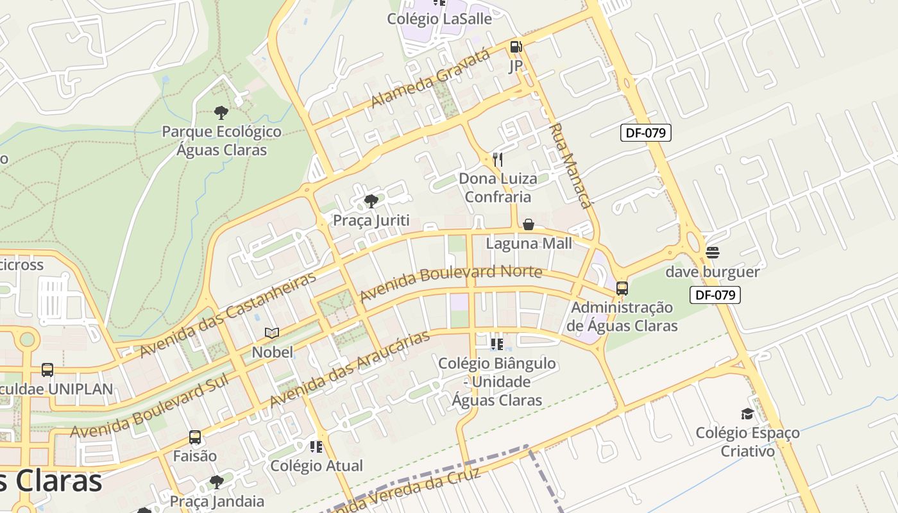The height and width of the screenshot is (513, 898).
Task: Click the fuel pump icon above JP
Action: (516, 47)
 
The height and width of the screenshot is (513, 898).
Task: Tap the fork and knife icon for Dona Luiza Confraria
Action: (497, 159)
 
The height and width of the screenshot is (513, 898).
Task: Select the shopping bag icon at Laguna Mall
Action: (529, 224)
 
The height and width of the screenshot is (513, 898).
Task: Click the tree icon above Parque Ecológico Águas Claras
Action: (221, 113)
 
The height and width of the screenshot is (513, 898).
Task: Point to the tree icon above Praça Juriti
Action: (371, 201)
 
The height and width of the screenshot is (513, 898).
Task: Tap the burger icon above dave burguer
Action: (712, 253)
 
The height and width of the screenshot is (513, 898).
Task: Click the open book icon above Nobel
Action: (272, 333)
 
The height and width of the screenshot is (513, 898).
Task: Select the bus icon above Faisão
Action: (195, 437)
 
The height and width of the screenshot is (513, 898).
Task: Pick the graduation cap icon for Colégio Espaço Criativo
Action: (747, 414)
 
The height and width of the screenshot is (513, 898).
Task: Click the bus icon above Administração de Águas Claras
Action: (622, 289)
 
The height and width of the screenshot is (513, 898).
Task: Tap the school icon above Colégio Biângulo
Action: (497, 344)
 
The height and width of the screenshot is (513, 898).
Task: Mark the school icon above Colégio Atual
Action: (316, 446)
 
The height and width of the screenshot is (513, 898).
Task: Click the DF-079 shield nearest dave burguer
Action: (715, 295)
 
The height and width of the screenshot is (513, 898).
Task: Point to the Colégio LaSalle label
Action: (439, 19)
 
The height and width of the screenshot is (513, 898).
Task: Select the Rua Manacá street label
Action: (570, 166)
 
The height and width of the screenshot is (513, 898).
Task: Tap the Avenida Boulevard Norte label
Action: (451, 283)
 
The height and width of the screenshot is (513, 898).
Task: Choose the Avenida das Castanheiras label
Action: (228, 315)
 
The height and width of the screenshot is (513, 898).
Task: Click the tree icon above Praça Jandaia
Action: (217, 482)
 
